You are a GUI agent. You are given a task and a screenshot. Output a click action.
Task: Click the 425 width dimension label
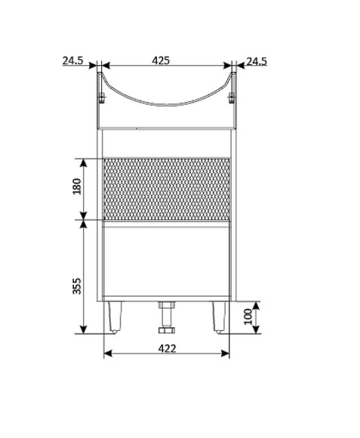point(161,60)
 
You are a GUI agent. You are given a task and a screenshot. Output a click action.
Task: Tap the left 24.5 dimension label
point(72,60)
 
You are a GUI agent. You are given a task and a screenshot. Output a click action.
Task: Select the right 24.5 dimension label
point(257,61)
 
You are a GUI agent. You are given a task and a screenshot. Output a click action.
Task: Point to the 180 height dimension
point(76,187)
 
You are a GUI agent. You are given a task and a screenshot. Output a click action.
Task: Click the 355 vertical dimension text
point(76,285)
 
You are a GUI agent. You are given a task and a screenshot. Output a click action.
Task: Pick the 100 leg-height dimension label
point(248,316)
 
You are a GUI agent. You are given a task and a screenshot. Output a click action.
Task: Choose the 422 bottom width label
point(167,349)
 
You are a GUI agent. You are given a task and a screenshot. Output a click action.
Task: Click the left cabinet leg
point(115,317)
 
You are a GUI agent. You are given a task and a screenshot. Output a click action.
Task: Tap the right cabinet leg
point(219,317)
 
